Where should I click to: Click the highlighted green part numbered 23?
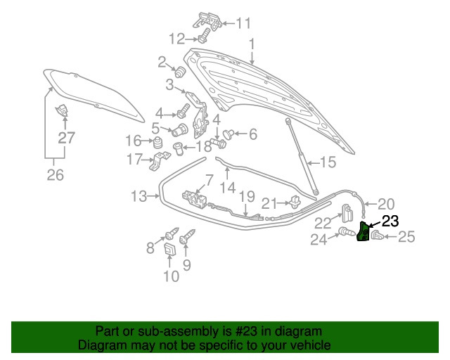363,231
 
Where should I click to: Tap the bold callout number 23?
390,221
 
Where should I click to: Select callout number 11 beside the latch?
243,23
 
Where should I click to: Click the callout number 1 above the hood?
252,44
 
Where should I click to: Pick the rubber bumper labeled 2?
180,72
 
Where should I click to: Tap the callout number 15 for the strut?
328,162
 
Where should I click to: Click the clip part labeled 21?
295,202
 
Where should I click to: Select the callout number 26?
55,174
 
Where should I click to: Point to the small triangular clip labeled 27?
61,110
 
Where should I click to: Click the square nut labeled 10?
169,249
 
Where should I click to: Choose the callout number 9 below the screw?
186,265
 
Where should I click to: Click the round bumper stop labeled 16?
157,143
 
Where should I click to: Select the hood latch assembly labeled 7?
195,198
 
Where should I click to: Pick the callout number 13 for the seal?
139,197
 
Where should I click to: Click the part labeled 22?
347,213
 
